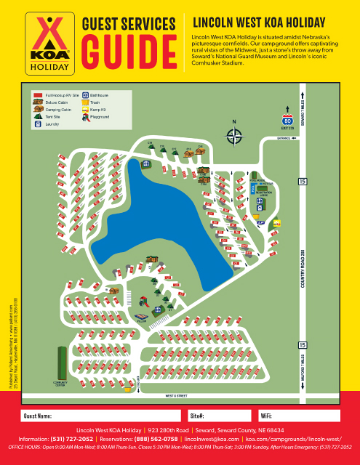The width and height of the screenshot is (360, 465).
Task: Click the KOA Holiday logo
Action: click(49, 43)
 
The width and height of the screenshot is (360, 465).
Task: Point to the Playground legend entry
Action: click(100, 116)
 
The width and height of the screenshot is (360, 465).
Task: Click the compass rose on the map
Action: click(234, 134)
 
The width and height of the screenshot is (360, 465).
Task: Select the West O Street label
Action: click(177, 396)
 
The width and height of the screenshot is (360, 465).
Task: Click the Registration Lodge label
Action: click(265, 195)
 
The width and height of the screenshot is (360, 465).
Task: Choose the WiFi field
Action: click(298, 416)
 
